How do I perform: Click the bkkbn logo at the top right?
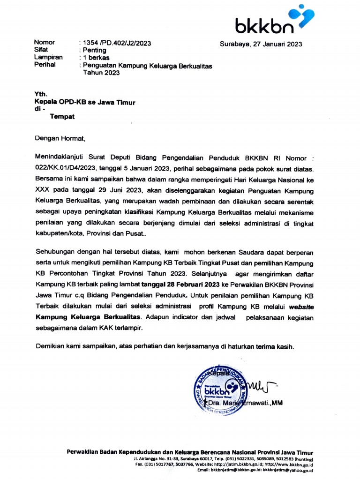[x=274, y=20]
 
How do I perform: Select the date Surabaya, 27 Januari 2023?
[x=261, y=45]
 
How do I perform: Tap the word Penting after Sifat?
[x=95, y=50]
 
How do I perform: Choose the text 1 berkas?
[x=96, y=58]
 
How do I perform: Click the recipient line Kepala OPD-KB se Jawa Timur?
[x=85, y=102]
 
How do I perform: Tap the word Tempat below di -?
[x=62, y=117]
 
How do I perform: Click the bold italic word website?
[x=301, y=307]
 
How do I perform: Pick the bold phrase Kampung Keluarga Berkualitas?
[x=89, y=317]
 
